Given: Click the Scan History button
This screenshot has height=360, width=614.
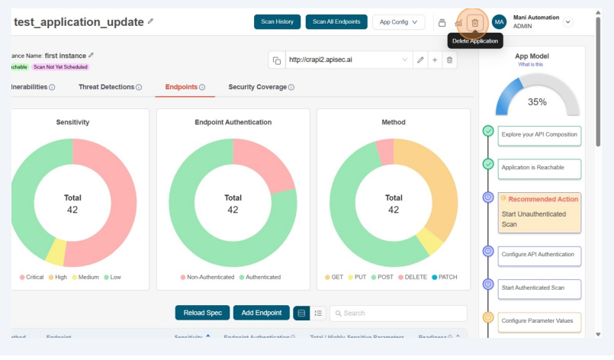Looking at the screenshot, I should point(277,22).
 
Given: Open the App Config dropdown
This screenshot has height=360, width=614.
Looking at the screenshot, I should point(398,22).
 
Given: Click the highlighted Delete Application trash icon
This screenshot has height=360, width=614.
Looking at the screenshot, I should point(474,22).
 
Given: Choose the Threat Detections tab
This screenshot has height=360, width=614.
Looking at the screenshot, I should point(110,87).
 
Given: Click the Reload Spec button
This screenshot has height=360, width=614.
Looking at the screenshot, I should point(202,313).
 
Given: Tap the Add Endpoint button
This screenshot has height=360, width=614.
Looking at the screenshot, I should point(261,313).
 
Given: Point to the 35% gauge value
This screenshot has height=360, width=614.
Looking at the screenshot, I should point(537,101).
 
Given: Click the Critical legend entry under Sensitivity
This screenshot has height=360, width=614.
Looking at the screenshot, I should point(31,277).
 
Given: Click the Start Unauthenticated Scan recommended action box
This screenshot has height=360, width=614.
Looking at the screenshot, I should point(539,212).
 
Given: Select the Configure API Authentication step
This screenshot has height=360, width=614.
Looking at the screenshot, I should point(539,254).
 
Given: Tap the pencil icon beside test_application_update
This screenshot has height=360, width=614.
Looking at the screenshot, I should point(150,21).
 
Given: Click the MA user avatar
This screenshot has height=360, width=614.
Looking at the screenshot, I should point(499,22).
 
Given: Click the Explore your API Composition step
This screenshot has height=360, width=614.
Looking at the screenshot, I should point(539,134).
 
